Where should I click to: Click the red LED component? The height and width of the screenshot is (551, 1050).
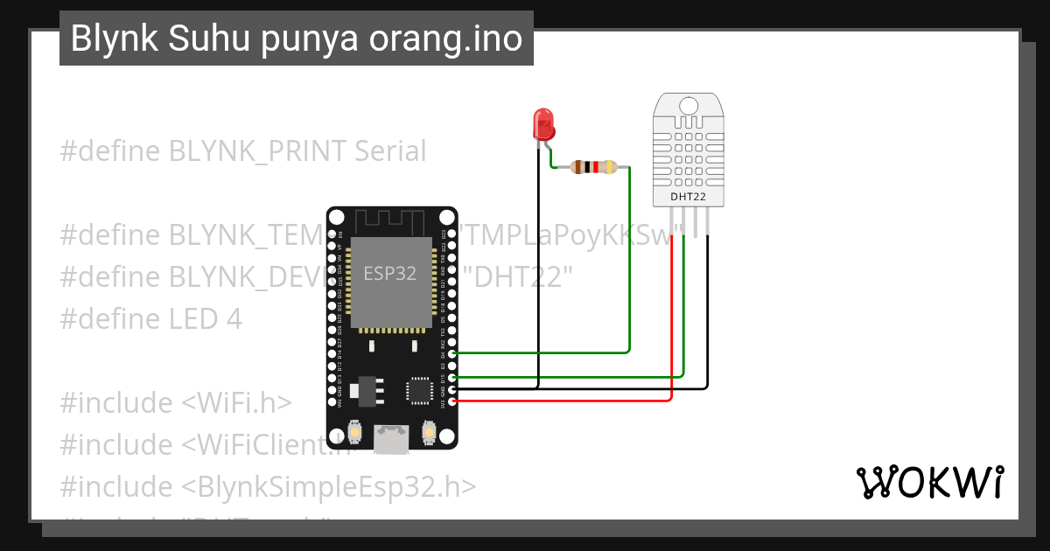pyautogui.click(x=543, y=124)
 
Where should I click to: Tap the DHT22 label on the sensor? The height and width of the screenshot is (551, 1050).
pyautogui.click(x=688, y=197)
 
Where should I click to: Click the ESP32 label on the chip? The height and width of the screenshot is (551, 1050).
pyautogui.click(x=390, y=273)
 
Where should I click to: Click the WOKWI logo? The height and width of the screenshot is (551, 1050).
pyautogui.click(x=929, y=482)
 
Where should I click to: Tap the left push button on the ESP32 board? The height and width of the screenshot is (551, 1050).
pyautogui.click(x=354, y=432)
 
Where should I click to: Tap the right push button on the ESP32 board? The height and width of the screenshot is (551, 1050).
pyautogui.click(x=429, y=432)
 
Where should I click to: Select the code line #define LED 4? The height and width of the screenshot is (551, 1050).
pyautogui.click(x=150, y=318)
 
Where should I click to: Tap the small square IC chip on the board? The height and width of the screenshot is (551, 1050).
pyautogui.click(x=419, y=389)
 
